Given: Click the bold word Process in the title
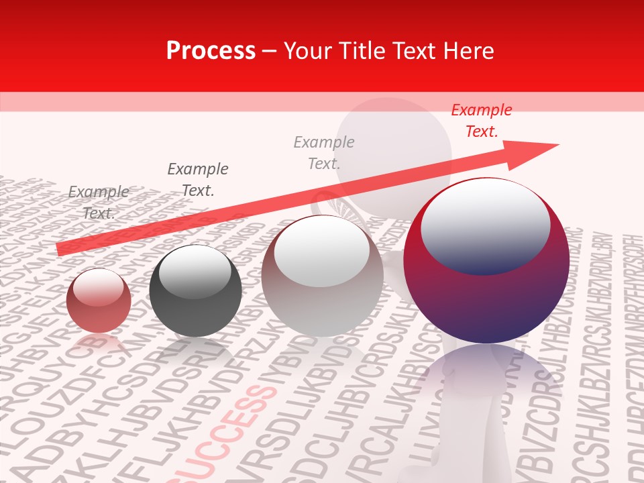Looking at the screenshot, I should [211, 51].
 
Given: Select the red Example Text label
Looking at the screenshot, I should [481, 121].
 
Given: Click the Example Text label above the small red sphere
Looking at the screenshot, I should [99, 202].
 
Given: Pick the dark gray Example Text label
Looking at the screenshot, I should [198, 179].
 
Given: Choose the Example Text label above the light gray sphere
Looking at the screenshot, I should [324, 152].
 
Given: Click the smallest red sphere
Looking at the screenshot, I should [99, 301].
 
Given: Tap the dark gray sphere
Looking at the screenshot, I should [195, 291].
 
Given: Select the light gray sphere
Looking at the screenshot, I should [322, 276].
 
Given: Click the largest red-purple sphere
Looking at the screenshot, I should [486, 262].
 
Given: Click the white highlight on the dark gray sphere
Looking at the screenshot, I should [195, 271].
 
